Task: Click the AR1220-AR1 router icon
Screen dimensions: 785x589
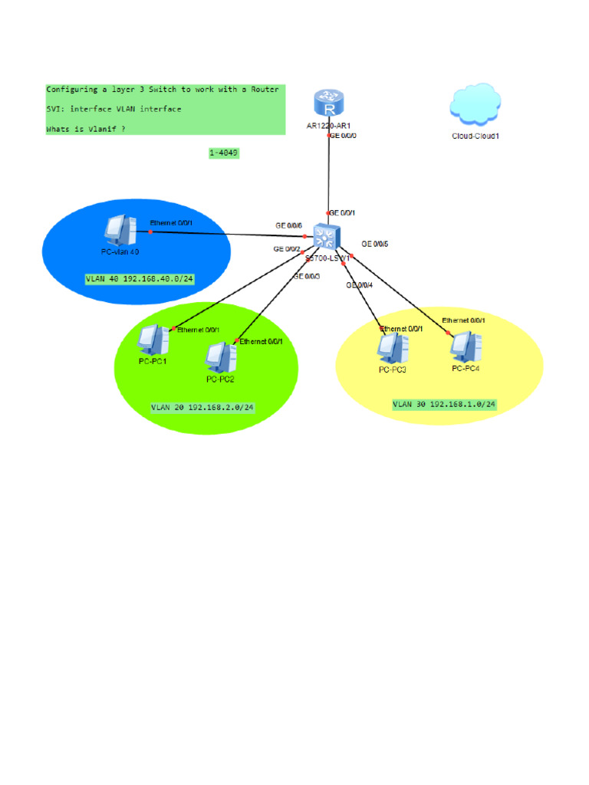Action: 328,103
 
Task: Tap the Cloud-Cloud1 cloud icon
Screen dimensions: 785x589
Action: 475,106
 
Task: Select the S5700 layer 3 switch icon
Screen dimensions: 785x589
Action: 328,238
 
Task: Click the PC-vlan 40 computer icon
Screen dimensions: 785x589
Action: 119,229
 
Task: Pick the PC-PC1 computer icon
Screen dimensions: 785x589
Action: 153,340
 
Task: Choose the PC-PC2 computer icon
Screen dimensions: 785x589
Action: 219,356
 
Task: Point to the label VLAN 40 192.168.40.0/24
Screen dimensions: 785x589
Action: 140,278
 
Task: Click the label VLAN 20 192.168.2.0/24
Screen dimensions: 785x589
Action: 202,407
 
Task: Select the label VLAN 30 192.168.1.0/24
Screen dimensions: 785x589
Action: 444,404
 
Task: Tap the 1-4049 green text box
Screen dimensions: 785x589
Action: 224,153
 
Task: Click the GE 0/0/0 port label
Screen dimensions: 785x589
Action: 343,136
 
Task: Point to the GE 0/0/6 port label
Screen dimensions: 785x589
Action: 289,225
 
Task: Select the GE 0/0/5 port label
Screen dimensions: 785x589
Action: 375,244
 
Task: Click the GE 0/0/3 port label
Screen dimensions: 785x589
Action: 307,276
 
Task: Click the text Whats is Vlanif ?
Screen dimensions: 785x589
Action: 86,129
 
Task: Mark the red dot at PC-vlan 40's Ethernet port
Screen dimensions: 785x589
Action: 151,231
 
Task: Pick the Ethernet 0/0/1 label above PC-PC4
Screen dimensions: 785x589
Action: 463,320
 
